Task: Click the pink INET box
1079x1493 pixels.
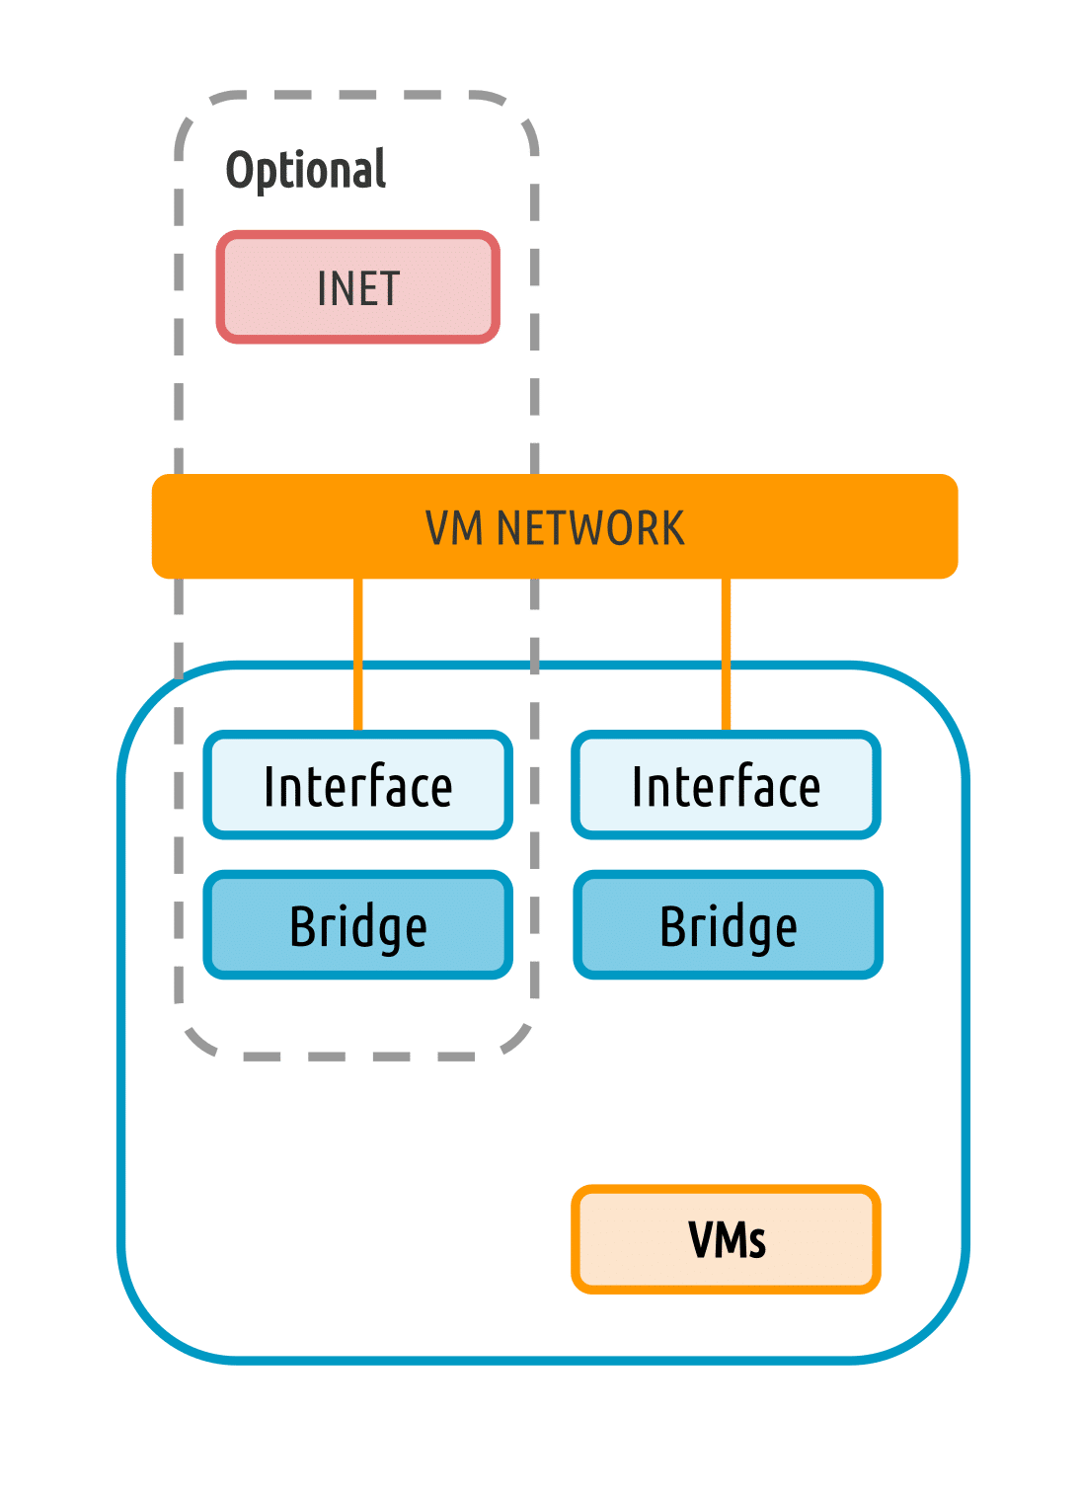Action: pyautogui.click(x=357, y=287)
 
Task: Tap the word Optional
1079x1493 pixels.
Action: pyautogui.click(x=306, y=170)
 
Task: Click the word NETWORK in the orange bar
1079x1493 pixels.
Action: pyautogui.click(x=590, y=528)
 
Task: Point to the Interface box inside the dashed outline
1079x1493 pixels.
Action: pyautogui.click(x=357, y=786)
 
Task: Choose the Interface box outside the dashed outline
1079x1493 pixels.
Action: pyautogui.click(x=726, y=786)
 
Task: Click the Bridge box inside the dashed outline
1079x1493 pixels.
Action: pyautogui.click(x=357, y=925)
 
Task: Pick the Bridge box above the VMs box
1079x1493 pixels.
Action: pyautogui.click(x=728, y=925)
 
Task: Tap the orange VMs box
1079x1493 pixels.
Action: pyautogui.click(x=726, y=1239)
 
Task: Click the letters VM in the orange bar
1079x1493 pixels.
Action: pyautogui.click(x=454, y=528)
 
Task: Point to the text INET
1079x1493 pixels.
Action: pyautogui.click(x=357, y=288)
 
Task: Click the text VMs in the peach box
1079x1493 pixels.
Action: pyautogui.click(x=727, y=1240)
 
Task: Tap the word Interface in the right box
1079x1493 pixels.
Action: pyautogui.click(x=726, y=787)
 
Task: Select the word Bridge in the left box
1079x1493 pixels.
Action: pyautogui.click(x=357, y=927)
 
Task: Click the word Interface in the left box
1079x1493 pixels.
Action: pyautogui.click(x=357, y=787)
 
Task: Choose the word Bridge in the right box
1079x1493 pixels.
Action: pyautogui.click(x=728, y=927)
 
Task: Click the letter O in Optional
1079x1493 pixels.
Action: pyautogui.click(x=241, y=170)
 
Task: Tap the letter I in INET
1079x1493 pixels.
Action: pyautogui.click(x=321, y=288)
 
